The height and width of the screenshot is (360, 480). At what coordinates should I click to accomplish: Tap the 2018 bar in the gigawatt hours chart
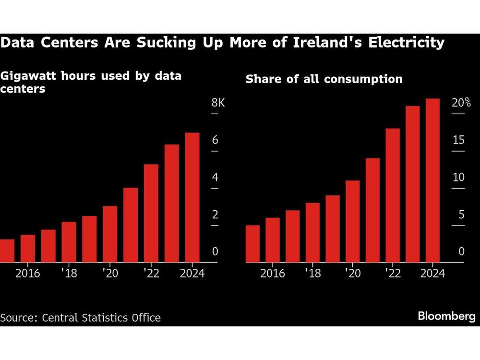coord(69,242)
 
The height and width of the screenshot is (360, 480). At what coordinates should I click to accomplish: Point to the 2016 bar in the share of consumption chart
coord(272,240)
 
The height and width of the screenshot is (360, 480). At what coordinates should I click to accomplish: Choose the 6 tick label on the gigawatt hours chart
coord(216,140)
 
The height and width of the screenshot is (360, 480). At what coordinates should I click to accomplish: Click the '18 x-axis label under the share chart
coord(313,274)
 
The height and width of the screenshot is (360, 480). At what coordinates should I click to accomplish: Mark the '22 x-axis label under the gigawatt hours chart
coord(151,274)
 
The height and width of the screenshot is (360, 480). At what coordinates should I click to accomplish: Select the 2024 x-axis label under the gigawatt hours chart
coord(192,274)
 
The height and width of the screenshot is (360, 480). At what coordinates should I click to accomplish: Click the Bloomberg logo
coord(446,316)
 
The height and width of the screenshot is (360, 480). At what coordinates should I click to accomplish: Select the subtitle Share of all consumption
coord(324,79)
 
